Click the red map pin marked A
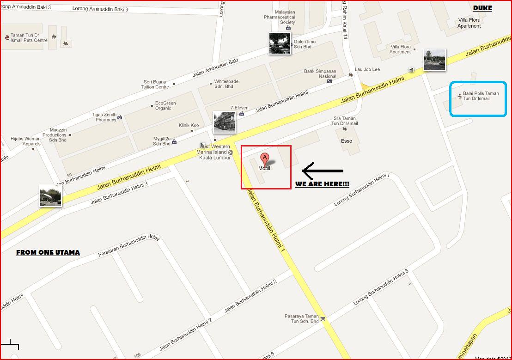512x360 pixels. pos(265,159)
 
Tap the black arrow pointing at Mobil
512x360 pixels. pos(323,171)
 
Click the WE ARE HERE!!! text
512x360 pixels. pos(322,184)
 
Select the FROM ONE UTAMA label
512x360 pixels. pos(48,252)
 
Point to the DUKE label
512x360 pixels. pos(482,8)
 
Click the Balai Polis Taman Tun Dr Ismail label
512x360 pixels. pos(481,96)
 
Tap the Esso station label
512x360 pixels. pos(347,141)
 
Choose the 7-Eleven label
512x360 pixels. pos(239,108)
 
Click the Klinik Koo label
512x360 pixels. pos(189,125)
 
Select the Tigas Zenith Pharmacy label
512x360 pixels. pos(104,117)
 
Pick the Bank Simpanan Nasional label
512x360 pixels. pos(320,74)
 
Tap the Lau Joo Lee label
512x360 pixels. pos(367,69)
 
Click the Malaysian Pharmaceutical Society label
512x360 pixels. pos(280,17)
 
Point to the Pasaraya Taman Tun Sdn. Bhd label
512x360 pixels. pos(302,318)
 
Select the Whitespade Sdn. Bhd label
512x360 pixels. pos(226,84)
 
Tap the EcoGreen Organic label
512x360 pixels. pos(165,106)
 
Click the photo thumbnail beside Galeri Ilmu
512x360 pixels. pos(280,43)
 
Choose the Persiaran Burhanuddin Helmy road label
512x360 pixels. pos(128,246)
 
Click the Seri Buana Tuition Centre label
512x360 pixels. pos(155,85)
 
